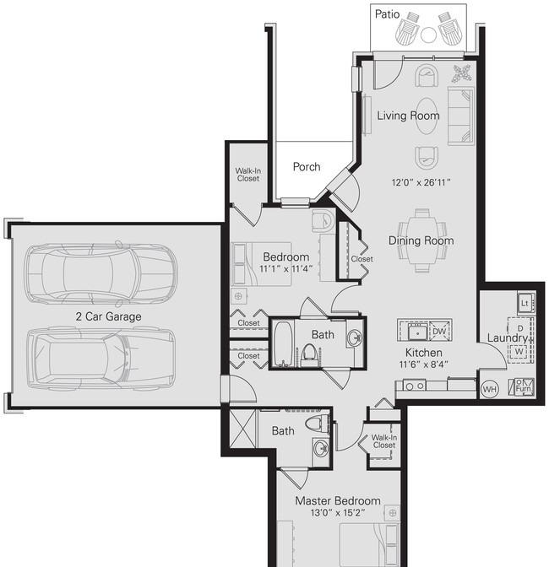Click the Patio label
click(x=387, y=14)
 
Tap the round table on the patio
click(x=428, y=35)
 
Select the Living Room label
click(x=408, y=116)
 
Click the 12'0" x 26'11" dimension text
click(x=421, y=182)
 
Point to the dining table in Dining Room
click(x=422, y=240)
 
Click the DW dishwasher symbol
click(x=439, y=332)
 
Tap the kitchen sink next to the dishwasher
click(x=417, y=332)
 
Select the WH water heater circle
click(x=489, y=389)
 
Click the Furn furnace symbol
click(x=523, y=387)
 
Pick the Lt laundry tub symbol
click(x=525, y=303)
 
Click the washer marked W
click(x=519, y=352)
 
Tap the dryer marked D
click(x=519, y=328)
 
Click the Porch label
click(x=307, y=167)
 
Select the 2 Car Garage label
click(x=109, y=316)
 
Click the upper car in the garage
click(x=101, y=273)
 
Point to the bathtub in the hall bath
click(x=283, y=343)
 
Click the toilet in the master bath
click(x=318, y=424)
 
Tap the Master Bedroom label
click(x=338, y=501)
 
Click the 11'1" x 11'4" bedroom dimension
click(x=285, y=268)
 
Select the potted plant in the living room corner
click(x=461, y=73)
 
